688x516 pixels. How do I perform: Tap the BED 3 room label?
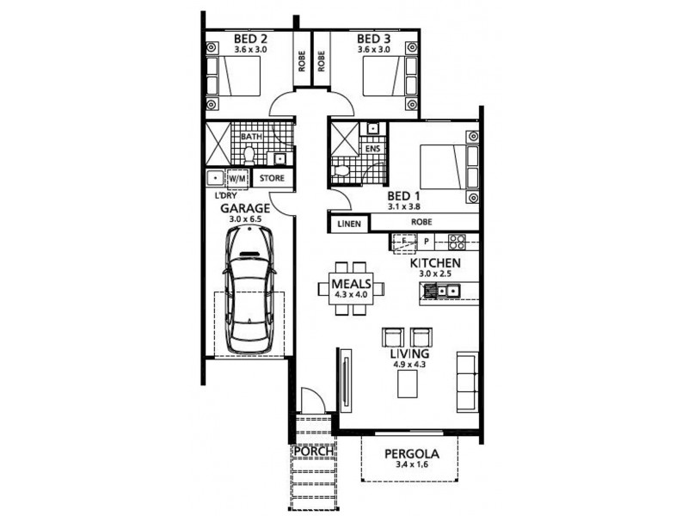coord(373,39)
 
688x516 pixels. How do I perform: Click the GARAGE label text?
coord(245,208)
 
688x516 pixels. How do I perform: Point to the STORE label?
coord(272,179)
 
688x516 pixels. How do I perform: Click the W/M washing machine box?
coord(236,179)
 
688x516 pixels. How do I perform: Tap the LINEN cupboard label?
coord(347,222)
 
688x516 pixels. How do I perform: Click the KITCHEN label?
coord(436,262)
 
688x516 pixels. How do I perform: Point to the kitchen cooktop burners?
coord(458,243)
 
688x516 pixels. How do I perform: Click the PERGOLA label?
coord(412,453)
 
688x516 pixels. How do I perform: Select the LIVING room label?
coord(409,353)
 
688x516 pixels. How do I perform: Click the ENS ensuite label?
coord(372,149)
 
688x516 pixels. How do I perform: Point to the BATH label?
coord(251,137)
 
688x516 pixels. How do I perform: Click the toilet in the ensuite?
coord(342,171)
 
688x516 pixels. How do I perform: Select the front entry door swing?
coord(312,401)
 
